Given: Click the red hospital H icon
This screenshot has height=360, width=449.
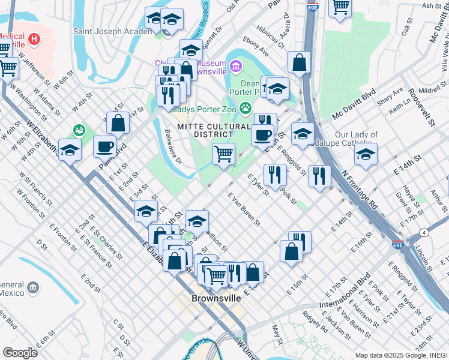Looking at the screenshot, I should pos(35,40).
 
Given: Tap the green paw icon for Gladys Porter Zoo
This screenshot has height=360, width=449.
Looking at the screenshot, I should pos(245,109).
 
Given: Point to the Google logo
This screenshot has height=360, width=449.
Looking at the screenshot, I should pos(20,353).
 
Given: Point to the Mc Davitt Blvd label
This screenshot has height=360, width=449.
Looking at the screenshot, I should pos(354,104).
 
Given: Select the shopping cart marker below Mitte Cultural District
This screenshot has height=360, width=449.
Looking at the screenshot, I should pos(223,153).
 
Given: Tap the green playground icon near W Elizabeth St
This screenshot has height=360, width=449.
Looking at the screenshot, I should pos(79,130).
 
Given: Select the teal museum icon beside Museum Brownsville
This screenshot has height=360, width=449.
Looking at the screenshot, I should pos(236,65).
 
